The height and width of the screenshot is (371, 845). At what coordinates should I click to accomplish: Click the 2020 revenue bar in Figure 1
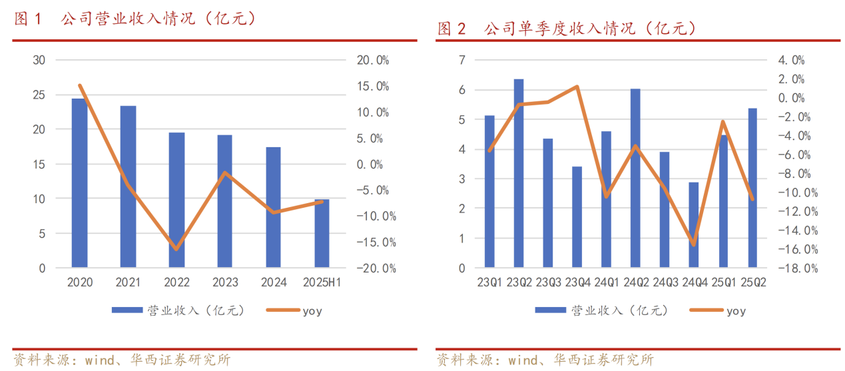coord(79,183)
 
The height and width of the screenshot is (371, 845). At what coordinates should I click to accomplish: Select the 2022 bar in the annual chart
coord(176,200)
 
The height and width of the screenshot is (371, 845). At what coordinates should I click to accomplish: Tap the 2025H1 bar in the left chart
coord(322,233)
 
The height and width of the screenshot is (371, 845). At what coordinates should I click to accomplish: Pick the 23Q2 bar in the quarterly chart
coord(519,173)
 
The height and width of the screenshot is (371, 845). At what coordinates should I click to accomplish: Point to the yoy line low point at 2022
coord(176,249)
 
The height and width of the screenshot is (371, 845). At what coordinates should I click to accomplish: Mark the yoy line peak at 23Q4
coord(577,87)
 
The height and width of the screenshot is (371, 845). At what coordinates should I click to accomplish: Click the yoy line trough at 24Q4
coord(694,244)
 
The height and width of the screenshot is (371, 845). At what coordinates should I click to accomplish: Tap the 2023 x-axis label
coord(225,282)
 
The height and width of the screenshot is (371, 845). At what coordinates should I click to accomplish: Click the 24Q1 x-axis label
coord(606,282)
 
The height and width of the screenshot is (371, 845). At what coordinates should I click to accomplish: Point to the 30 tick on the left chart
coord(39,60)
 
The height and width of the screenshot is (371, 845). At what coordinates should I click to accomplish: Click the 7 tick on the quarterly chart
coord(461,60)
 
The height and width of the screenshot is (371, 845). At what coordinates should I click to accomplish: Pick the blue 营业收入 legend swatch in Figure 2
coord(549,310)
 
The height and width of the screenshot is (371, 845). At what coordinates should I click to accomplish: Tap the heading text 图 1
coord(28,19)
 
